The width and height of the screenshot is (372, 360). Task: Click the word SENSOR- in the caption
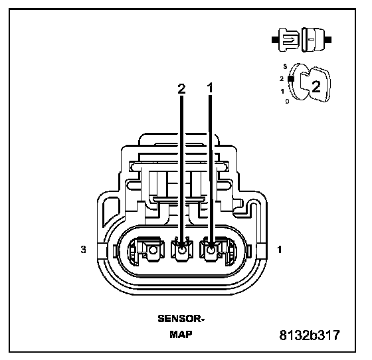[x=181, y=319]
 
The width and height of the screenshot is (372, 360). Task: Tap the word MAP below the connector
[x=181, y=334]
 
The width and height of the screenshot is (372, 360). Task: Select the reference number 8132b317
[x=310, y=335]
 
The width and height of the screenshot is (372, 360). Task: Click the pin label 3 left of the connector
[x=83, y=250]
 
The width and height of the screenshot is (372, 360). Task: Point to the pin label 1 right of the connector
[x=280, y=250]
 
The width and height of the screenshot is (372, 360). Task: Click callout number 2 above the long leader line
[x=181, y=88]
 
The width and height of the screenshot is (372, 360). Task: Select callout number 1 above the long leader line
[x=210, y=88]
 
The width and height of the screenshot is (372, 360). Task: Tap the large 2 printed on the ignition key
[x=316, y=86]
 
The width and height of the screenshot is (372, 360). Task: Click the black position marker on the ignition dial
[x=291, y=79]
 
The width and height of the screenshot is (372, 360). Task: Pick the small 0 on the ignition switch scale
[x=287, y=102]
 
